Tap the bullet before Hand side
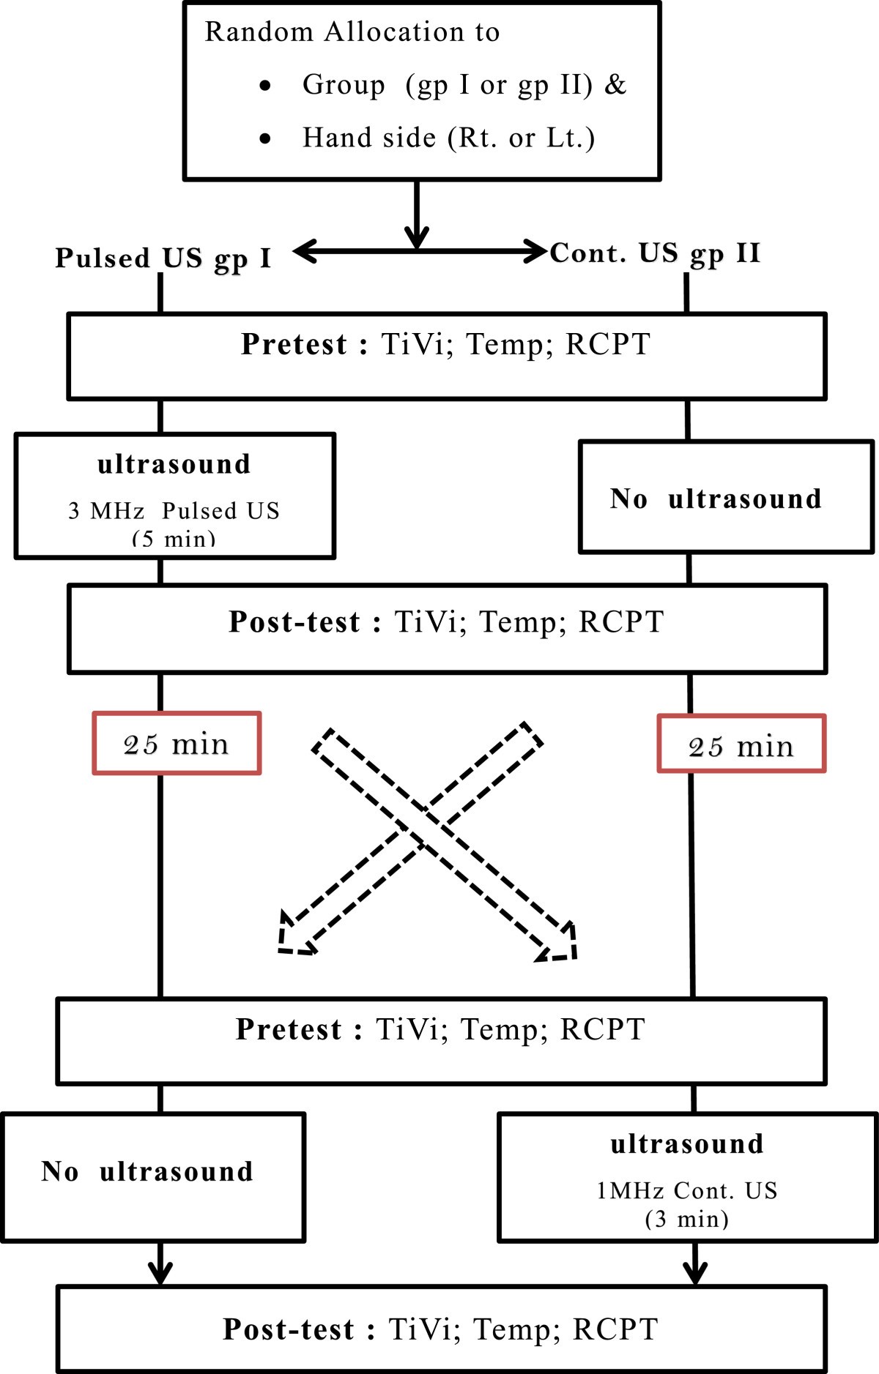pos(265,138)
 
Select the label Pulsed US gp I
pos(163,258)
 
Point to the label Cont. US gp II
pos(655,253)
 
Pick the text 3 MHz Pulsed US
pos(174,510)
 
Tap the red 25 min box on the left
pos(177,743)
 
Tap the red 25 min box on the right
pos(741,744)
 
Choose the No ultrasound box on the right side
pos(726,498)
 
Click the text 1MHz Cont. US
pos(686,1191)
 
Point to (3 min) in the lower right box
pos(686,1220)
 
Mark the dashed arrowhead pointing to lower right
pos(560,944)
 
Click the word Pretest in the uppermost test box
pos(294,344)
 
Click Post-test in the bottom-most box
pos(289,1329)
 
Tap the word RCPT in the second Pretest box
pos(602,1029)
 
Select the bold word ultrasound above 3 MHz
pos(174,464)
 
